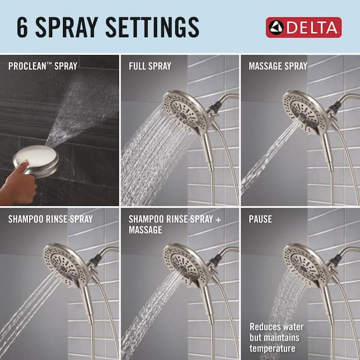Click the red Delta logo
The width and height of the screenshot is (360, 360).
pos(304,28)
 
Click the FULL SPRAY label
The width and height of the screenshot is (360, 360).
pos(150,65)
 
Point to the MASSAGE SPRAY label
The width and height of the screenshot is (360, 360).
pos(278,65)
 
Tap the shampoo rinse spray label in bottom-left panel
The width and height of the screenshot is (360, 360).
pos(51,219)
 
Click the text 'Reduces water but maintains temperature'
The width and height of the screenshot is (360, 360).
pos(277,337)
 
